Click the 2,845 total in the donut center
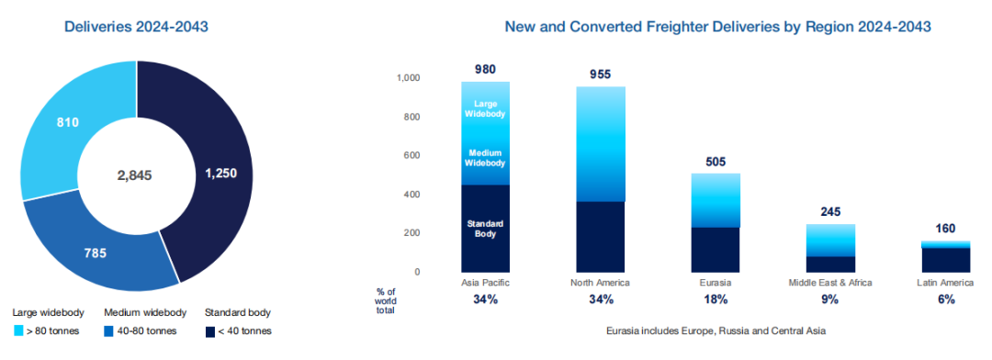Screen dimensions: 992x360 tap(136, 175)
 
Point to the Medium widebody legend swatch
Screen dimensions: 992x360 tap(108, 331)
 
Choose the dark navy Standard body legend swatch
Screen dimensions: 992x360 tap(209, 331)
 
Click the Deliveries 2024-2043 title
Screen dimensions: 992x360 tap(136, 28)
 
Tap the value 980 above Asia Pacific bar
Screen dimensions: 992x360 tap(485, 70)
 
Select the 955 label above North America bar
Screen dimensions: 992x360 tap(601, 74)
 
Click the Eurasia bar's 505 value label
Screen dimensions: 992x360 tap(716, 162)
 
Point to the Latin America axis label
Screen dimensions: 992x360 tap(945, 283)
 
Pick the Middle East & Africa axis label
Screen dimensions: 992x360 tap(830, 283)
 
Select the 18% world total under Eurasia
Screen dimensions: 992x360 tap(715, 300)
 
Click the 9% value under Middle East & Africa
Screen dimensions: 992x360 tap(830, 300)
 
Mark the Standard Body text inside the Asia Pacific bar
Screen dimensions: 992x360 tap(485, 229)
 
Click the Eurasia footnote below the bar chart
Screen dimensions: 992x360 tap(716, 331)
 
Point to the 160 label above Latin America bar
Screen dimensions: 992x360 tap(945, 229)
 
